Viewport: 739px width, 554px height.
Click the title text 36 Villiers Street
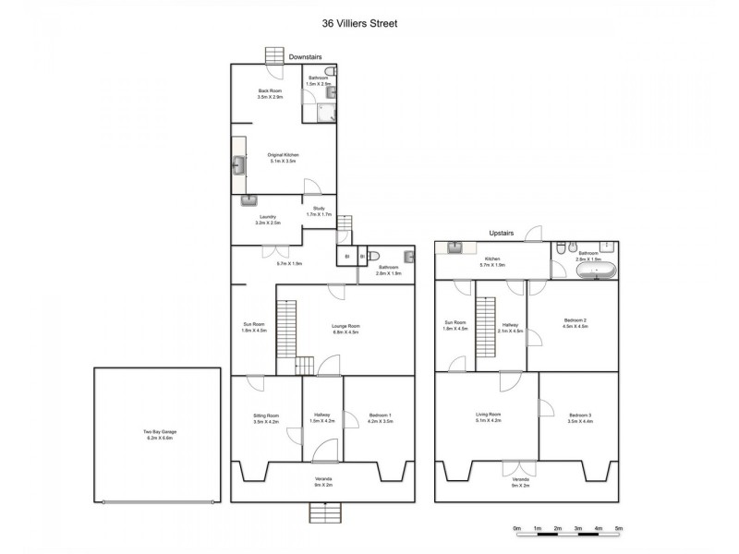tap(369, 24)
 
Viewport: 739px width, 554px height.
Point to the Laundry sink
tap(248, 200)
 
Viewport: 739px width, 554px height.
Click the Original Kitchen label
tap(283, 158)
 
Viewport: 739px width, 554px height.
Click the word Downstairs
tap(304, 57)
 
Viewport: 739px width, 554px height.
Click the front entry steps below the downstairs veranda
tap(324, 512)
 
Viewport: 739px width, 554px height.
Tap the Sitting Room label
tap(265, 419)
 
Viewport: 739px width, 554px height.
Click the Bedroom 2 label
tap(575, 323)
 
